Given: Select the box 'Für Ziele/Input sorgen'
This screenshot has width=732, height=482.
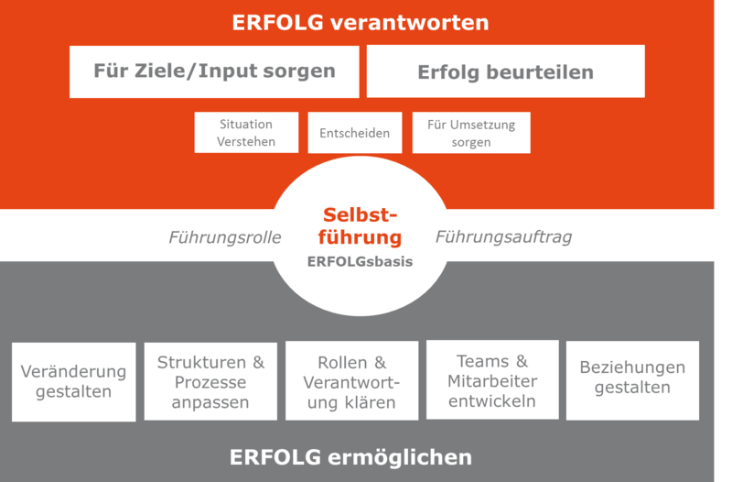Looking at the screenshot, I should [x=215, y=71].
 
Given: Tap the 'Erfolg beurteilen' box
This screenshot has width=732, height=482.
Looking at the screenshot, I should [x=505, y=71].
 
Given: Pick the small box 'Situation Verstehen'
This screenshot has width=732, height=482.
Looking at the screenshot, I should [x=247, y=133].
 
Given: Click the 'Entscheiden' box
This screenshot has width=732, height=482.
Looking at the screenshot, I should [x=354, y=133].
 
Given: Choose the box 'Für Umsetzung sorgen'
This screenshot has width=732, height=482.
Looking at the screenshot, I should [x=471, y=133].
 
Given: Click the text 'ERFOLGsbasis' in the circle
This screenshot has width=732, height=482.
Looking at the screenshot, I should [x=360, y=261].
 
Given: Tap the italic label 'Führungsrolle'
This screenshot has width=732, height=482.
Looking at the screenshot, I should [x=224, y=238].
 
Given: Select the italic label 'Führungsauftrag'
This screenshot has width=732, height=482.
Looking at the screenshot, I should [x=503, y=237].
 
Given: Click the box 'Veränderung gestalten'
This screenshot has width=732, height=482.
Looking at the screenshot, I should [x=74, y=381].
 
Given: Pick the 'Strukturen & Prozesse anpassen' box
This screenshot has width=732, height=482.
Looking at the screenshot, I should [x=210, y=382].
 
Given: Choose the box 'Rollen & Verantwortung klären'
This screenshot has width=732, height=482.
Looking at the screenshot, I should [x=351, y=382].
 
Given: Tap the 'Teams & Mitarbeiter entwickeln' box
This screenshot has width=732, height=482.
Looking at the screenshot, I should [x=492, y=380].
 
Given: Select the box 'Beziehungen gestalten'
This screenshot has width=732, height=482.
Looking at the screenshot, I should [x=632, y=377].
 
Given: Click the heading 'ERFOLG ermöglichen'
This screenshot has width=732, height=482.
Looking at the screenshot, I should [x=350, y=456].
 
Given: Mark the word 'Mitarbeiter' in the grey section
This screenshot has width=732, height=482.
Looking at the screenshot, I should [x=492, y=381].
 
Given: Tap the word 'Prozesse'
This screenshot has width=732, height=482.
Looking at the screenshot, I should [x=210, y=382].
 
